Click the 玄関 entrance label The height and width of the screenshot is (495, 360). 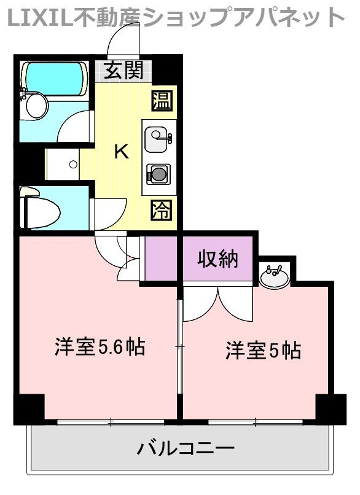point(123,71)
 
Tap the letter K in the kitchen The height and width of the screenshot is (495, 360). point(122,152)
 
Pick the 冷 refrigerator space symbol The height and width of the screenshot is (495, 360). point(162,211)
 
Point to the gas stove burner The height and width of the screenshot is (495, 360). point(158,174)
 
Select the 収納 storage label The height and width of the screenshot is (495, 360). point(217,259)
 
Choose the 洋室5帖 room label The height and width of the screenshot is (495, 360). point(262,351)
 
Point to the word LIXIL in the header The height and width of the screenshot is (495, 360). point(36,18)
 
